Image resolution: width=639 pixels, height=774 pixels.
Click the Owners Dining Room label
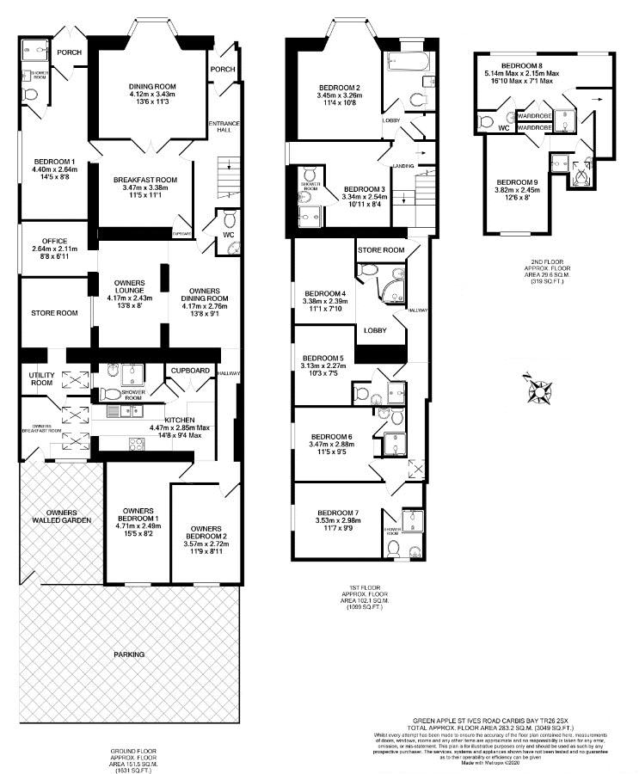[x=204, y=292]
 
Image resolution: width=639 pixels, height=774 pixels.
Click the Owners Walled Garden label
[x=59, y=516]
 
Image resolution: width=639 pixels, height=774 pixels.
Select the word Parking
[x=130, y=654]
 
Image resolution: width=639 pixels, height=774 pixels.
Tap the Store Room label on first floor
[x=381, y=250]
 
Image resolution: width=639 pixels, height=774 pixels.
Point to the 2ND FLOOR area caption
[x=544, y=269]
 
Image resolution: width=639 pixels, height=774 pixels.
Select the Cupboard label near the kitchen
[x=190, y=370]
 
